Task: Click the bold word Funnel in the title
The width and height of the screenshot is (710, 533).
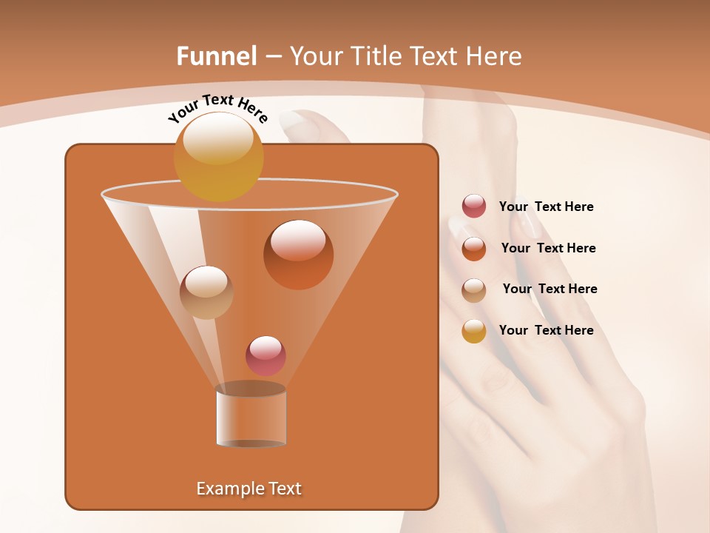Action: pos(217,56)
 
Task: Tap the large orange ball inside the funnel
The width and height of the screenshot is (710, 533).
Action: pos(298,255)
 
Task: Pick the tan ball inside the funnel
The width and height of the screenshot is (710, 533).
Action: pos(206,292)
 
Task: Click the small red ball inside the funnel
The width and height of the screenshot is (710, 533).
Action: pos(266,356)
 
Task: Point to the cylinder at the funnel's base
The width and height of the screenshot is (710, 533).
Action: pos(251,416)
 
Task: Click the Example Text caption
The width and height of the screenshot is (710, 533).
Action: pos(249,489)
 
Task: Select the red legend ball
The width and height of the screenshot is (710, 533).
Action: pos(474,207)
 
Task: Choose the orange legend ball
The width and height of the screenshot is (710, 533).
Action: pos(474,249)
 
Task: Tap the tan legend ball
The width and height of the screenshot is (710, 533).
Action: pos(474,290)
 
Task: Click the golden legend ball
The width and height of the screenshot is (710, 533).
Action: pos(474,331)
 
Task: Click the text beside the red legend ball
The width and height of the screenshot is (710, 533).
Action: pos(547,207)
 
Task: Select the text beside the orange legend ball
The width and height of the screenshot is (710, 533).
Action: pos(548,249)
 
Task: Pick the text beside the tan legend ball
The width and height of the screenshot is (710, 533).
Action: pos(550,289)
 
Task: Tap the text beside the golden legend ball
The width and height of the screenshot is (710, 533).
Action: pos(547,330)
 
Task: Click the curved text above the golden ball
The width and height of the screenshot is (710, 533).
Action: pos(217,107)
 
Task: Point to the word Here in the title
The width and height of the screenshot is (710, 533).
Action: pos(494,56)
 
